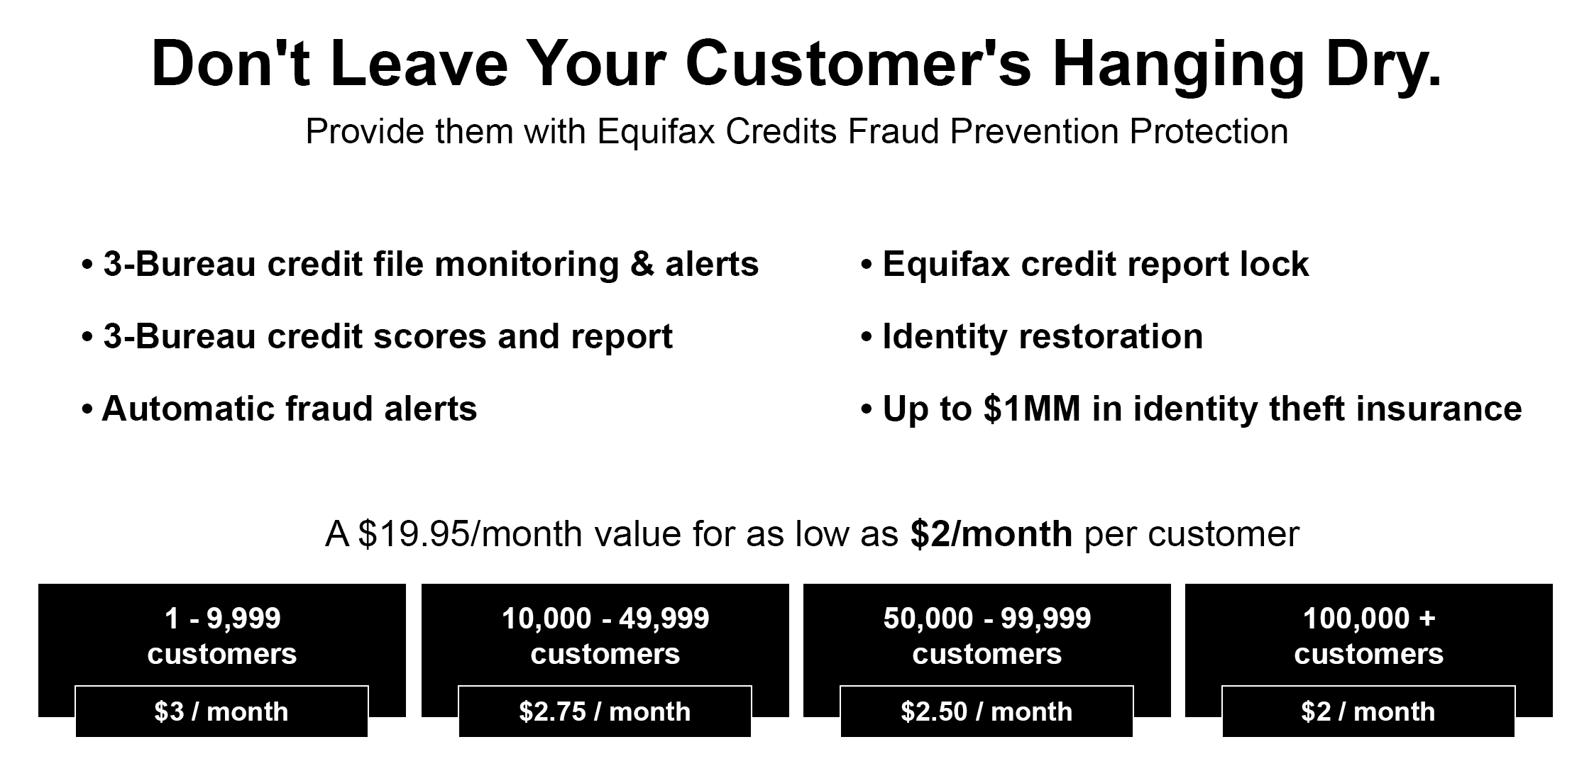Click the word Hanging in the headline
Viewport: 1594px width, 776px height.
tap(1178, 65)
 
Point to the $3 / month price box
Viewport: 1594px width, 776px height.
tap(221, 711)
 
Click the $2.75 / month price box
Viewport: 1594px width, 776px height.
tap(605, 711)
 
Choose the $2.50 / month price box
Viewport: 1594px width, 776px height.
tap(986, 711)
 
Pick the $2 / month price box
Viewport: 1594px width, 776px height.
tap(1368, 711)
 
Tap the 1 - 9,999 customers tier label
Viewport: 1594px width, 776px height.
tap(222, 636)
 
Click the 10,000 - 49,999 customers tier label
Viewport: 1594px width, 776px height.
tap(605, 636)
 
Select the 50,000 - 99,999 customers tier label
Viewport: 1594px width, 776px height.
tap(987, 636)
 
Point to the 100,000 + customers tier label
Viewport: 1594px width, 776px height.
tap(1369, 636)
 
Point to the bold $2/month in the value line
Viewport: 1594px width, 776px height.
tap(991, 533)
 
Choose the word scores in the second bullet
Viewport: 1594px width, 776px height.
tap(429, 337)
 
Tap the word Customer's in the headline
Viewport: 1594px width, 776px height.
tap(858, 65)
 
